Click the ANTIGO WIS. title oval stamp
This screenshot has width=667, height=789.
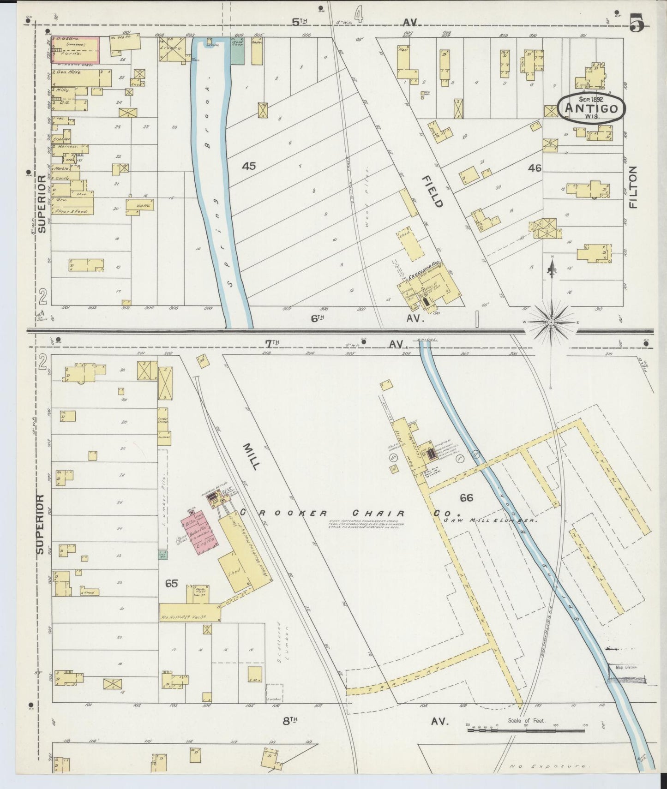[591, 108]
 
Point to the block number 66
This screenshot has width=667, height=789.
[466, 497]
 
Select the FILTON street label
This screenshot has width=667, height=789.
[632, 187]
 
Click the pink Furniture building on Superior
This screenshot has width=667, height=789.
[77, 50]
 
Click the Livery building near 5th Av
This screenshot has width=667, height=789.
[173, 48]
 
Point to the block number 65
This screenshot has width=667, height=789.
[171, 584]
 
